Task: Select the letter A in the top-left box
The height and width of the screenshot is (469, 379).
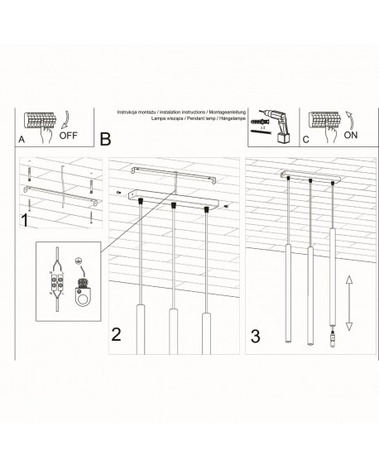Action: point(22,141)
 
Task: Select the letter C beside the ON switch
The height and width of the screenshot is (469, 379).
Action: point(306,140)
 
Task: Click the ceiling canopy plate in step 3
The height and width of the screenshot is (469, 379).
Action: point(310,175)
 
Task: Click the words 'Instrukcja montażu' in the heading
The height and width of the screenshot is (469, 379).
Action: point(131,110)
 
